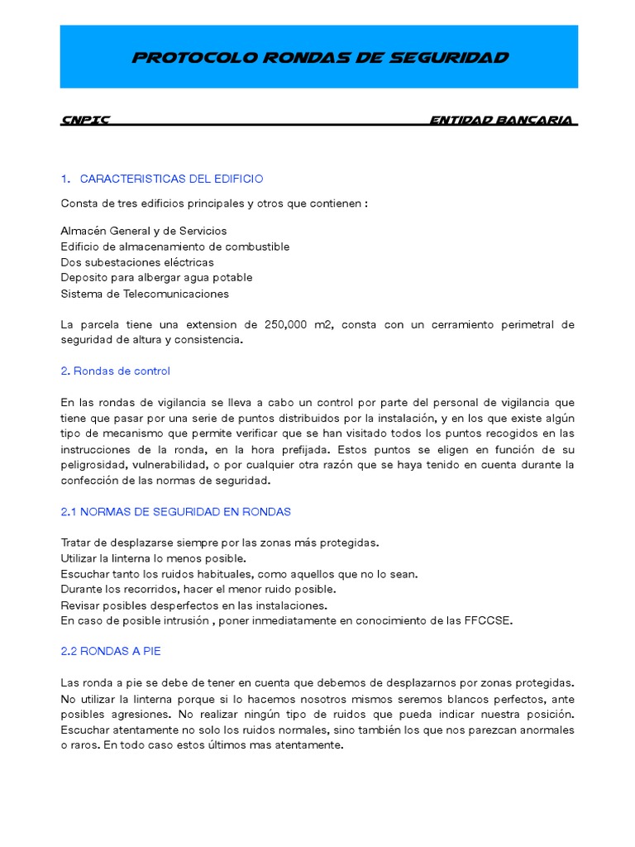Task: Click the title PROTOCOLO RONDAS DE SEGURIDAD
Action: pos(320,58)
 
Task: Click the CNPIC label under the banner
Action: pos(85,120)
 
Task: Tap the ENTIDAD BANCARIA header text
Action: pos(501,120)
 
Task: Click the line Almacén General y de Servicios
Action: pos(144,231)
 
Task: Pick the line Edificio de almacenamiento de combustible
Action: pos(175,246)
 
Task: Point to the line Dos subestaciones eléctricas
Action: pos(136,262)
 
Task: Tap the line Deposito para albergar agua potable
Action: pos(156,277)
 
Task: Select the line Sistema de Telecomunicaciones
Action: pos(145,293)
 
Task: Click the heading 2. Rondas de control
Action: pos(116,371)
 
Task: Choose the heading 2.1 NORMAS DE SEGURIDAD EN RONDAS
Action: pos(176,511)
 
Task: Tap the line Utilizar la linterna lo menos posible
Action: pos(153,558)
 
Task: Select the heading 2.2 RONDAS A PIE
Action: pos(111,651)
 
